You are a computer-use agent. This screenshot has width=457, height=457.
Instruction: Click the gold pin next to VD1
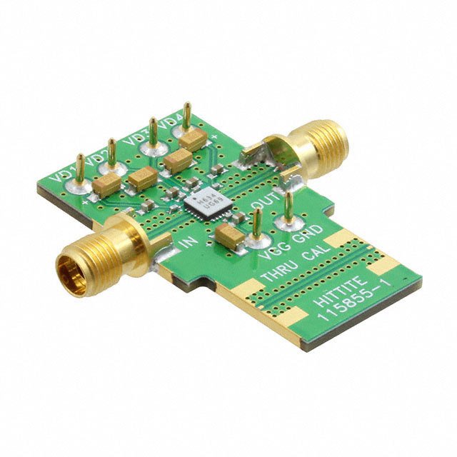pos(79,171)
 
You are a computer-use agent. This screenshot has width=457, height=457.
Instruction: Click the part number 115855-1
pos(355,308)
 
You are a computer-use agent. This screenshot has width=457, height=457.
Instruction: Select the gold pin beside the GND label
pos(288,207)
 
